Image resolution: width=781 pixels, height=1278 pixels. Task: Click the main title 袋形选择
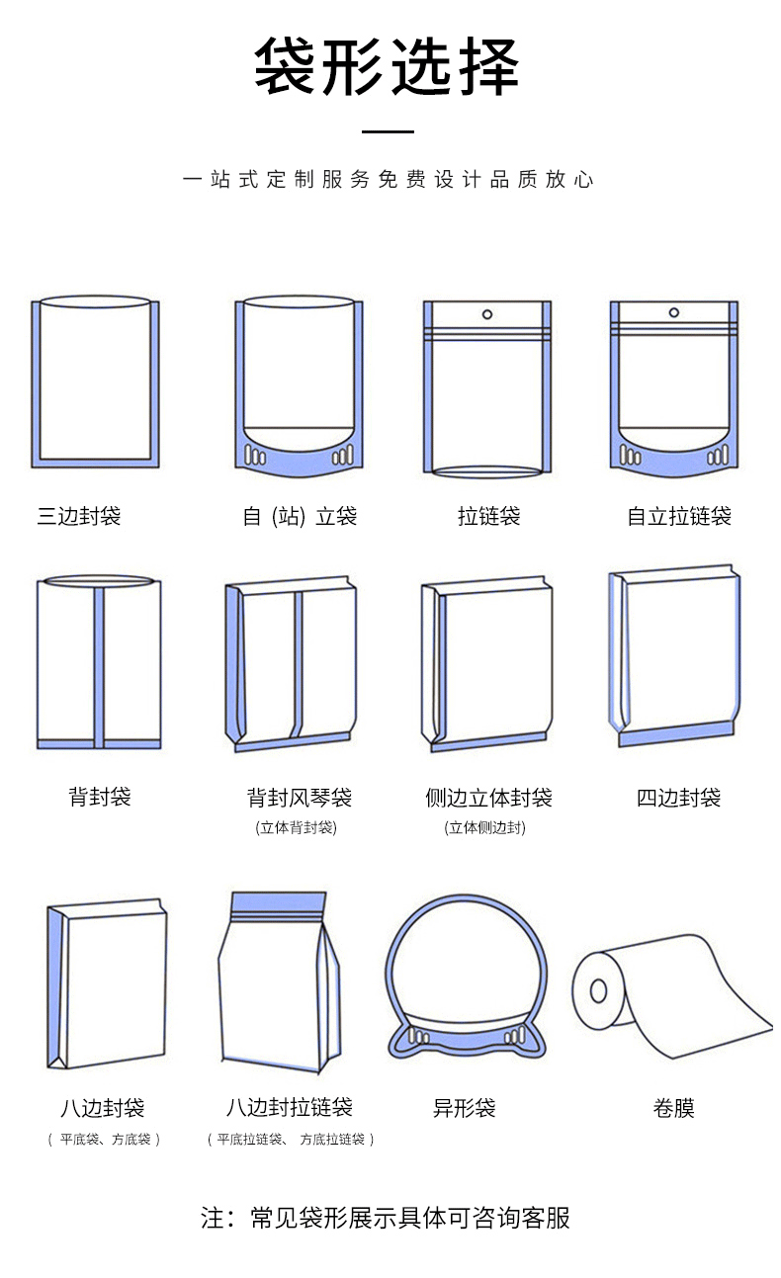click(387, 66)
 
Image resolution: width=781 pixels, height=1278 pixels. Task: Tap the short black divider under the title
click(388, 131)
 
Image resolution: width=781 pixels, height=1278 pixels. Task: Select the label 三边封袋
click(79, 516)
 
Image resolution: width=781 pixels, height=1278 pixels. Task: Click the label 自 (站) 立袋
click(300, 516)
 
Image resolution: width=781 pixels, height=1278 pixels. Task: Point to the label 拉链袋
click(488, 516)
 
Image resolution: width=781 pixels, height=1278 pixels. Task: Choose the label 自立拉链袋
click(679, 516)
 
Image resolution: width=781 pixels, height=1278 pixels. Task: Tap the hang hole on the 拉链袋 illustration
click(486, 314)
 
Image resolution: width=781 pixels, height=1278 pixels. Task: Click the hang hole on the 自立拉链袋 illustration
click(673, 312)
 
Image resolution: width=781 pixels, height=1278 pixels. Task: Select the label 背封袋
click(99, 797)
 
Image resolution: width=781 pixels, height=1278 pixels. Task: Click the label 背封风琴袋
click(300, 798)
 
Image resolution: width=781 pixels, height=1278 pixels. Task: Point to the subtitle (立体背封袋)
click(296, 828)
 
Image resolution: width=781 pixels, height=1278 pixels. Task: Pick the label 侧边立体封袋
click(488, 798)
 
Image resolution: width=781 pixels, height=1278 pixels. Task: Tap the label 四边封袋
click(678, 798)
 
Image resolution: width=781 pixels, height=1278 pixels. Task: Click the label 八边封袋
click(102, 1108)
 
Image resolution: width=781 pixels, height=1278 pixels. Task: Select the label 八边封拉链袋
click(289, 1107)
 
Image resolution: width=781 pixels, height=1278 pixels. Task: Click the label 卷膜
click(673, 1108)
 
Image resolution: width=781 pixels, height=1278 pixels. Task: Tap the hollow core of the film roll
click(597, 989)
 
